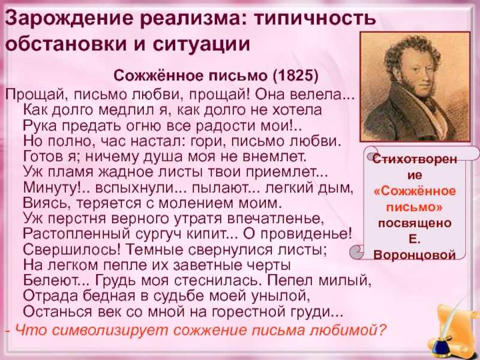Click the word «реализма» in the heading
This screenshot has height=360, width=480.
190,19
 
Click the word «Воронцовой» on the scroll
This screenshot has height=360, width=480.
415,254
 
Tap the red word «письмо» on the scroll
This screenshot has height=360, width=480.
414,207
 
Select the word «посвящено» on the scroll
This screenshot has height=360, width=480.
415,223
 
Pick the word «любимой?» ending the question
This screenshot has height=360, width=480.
349,330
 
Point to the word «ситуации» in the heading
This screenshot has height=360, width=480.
202,44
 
